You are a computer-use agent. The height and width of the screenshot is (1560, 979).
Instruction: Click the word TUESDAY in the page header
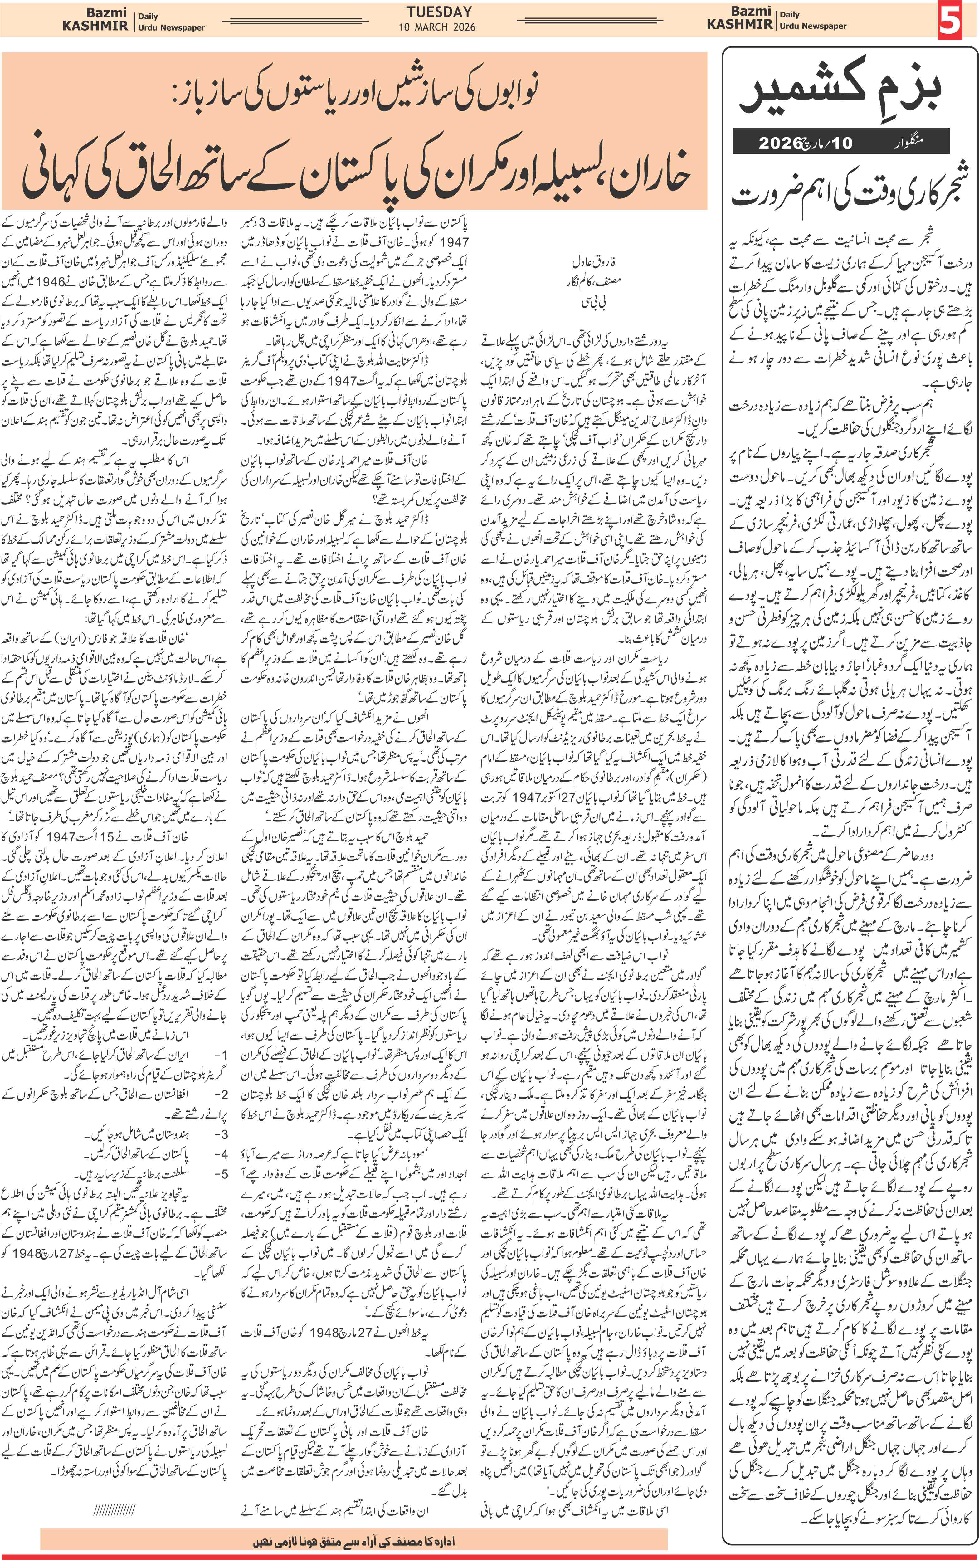440,12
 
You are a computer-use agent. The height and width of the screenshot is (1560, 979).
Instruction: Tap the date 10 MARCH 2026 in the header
440,27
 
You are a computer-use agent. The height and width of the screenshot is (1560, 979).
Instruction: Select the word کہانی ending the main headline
61,175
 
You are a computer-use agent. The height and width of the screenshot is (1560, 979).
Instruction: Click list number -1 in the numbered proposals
220,1055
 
